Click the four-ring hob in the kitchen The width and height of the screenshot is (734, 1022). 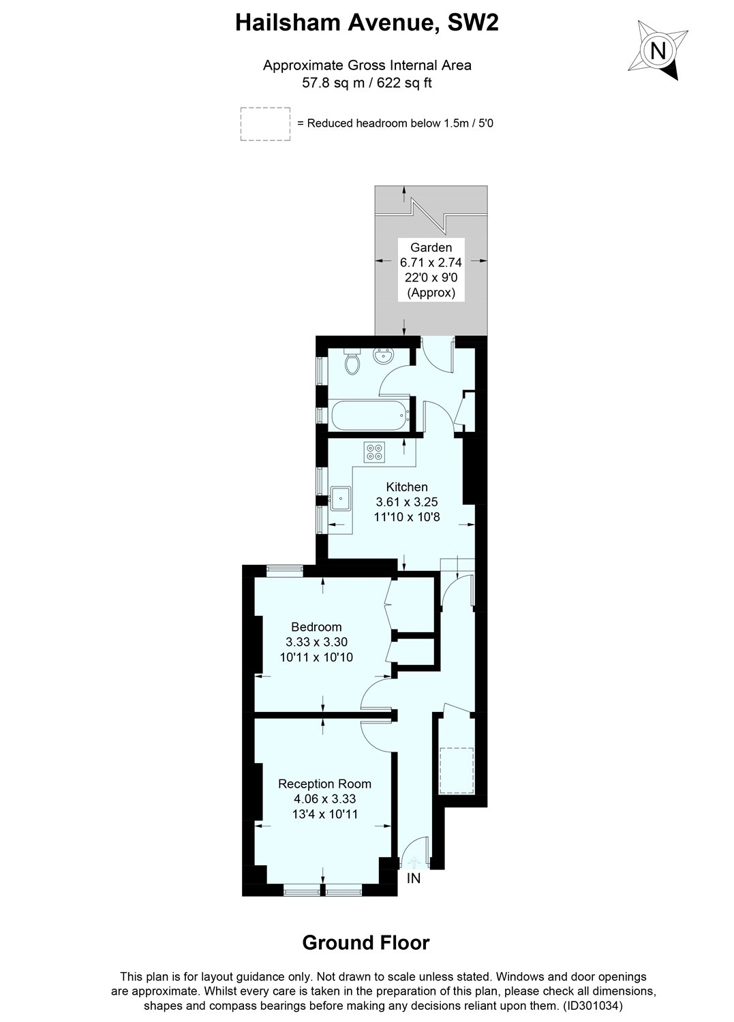click(374, 452)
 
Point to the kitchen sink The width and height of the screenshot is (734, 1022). click(341, 498)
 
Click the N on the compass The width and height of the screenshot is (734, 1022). click(657, 50)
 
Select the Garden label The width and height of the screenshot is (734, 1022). click(431, 247)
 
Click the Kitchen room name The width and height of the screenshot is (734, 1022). click(407, 486)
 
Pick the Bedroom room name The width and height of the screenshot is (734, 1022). click(316, 627)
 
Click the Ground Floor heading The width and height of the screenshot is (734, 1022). click(366, 942)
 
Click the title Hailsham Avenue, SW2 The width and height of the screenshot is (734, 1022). click(367, 22)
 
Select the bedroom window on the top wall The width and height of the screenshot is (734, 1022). click(285, 568)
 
